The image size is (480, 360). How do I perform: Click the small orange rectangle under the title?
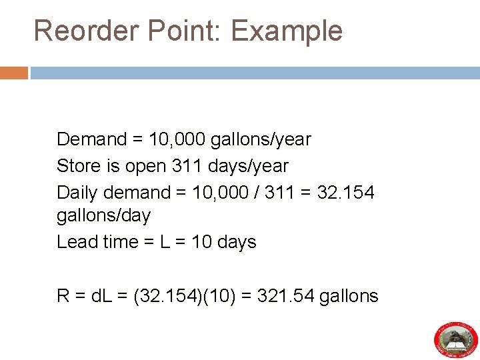coord(13,73)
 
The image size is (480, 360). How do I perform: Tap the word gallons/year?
coord(261,139)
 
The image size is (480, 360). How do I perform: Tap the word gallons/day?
coord(104,215)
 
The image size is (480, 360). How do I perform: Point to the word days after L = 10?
coord(236,241)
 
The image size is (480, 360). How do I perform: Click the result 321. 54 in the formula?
coord(289,296)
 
